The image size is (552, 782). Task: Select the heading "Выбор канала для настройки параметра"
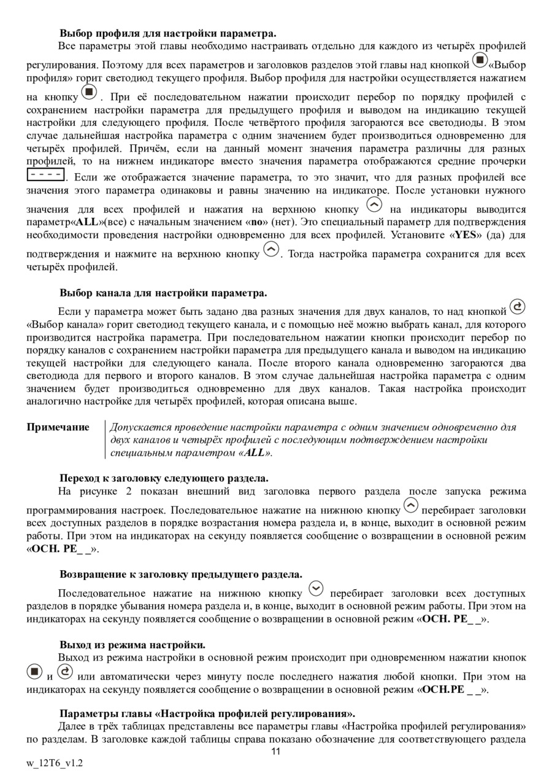tap(163, 293)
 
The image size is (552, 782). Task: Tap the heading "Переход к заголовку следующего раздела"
tap(164, 478)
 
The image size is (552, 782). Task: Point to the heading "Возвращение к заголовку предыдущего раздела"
tap(181, 574)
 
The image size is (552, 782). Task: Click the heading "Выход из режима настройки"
tap(132, 645)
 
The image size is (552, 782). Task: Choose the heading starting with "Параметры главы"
tap(207, 713)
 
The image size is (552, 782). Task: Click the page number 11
tap(275, 751)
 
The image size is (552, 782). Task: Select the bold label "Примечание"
tap(58, 427)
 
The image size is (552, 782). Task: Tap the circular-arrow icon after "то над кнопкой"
tap(518, 306)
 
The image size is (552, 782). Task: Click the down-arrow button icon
tap(316, 589)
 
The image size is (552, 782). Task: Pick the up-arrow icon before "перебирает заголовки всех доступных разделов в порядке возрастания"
tap(411, 506)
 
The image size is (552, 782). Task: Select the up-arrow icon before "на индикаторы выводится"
tap(374, 205)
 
